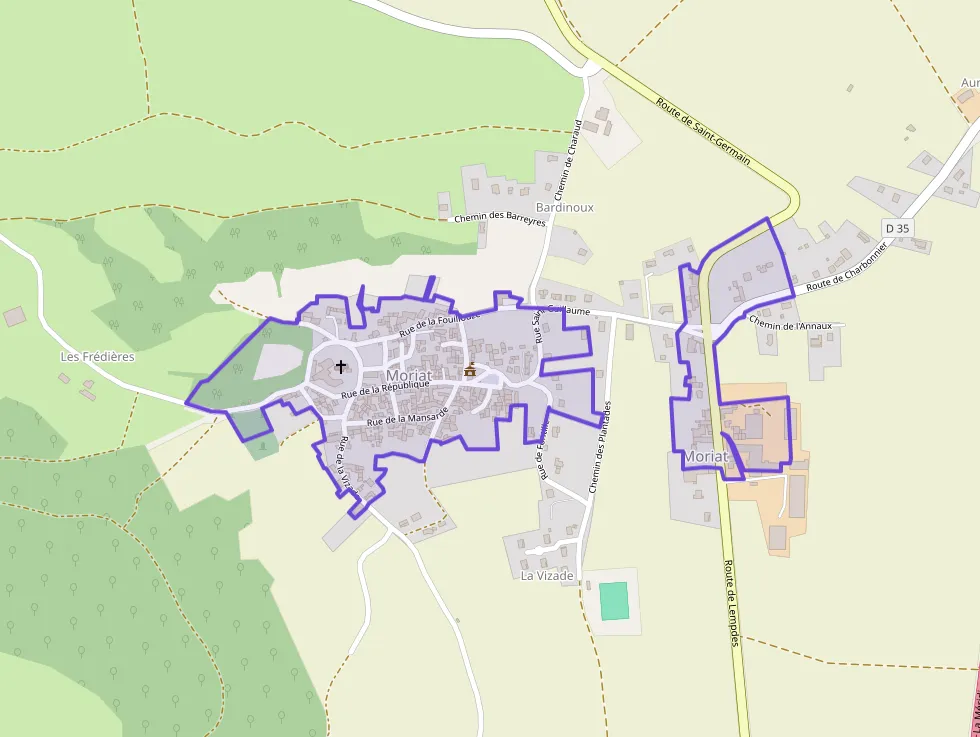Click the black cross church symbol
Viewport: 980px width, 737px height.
click(341, 367)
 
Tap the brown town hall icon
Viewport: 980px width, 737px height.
click(470, 370)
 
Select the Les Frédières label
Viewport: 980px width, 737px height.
click(97, 356)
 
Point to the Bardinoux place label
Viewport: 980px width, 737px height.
click(564, 208)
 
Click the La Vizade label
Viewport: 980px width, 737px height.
click(547, 576)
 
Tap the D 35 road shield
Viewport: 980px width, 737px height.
click(897, 228)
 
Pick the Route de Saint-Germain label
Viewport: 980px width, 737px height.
click(704, 138)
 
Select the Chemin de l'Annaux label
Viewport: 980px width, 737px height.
click(790, 324)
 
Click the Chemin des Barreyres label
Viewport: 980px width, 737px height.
click(499, 218)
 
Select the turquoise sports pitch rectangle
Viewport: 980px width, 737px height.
click(613, 600)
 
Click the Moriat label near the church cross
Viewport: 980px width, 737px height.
click(408, 375)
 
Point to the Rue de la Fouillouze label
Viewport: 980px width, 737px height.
click(440, 322)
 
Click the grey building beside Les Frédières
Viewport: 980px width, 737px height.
click(14, 317)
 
